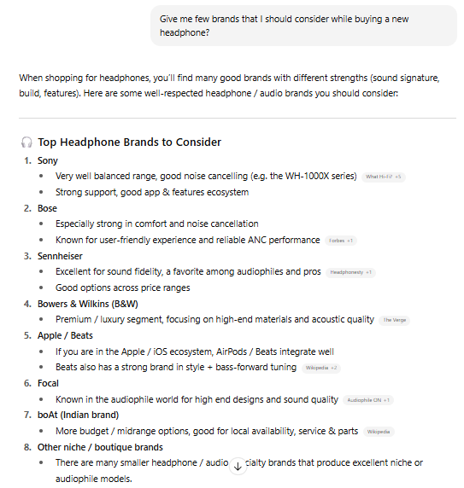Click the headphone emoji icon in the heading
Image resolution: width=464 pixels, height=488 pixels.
tap(26, 142)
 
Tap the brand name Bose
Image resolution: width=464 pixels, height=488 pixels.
tap(47, 208)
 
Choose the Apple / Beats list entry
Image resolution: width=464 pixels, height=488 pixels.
tap(61, 335)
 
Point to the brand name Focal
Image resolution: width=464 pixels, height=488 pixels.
tap(48, 383)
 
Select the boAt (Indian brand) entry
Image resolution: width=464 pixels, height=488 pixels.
tap(78, 415)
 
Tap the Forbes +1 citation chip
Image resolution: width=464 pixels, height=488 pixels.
tap(341, 241)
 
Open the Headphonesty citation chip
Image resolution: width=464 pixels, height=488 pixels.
tap(350, 272)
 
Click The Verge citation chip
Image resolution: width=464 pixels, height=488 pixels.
tap(393, 320)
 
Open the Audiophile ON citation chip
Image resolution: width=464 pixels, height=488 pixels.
tap(369, 399)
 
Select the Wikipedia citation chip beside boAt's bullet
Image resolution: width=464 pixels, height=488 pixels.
tap(379, 432)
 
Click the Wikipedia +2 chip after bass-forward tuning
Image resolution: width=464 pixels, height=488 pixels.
tap(321, 368)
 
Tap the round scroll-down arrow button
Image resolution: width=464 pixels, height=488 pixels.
tap(238, 467)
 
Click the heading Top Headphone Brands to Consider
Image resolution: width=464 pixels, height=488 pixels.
tap(129, 142)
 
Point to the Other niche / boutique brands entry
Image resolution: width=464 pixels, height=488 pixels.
tap(99, 447)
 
